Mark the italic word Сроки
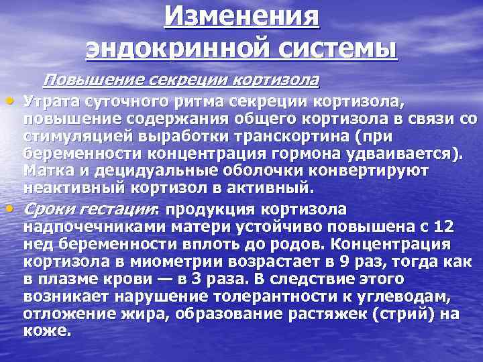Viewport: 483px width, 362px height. click(51, 209)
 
